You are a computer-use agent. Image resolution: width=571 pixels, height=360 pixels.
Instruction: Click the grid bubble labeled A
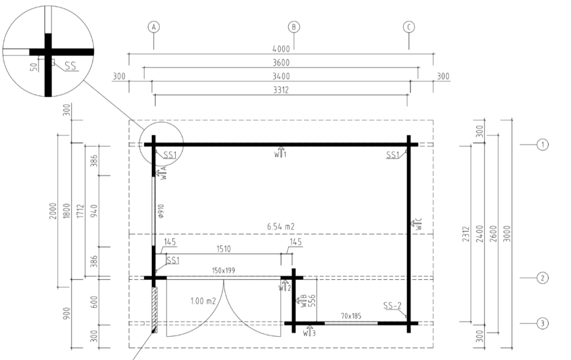[x=154, y=27]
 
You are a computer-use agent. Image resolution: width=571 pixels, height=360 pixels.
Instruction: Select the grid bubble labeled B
[x=294, y=27]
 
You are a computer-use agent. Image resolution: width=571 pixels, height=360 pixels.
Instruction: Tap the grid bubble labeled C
[x=409, y=27]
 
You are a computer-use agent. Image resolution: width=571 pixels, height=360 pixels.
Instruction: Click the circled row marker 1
[x=543, y=144]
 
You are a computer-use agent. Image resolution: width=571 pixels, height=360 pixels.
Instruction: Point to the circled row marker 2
[x=543, y=278]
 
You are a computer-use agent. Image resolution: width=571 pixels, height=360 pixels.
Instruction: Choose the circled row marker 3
[x=543, y=323]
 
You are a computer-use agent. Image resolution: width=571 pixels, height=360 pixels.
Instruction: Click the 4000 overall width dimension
[x=281, y=49]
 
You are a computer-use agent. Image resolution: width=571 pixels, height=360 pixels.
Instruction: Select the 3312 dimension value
[x=281, y=90]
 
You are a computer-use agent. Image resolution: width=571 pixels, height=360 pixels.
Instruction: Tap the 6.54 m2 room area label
[x=281, y=226]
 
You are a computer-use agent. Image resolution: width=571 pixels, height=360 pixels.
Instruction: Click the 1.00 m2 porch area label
[x=203, y=301]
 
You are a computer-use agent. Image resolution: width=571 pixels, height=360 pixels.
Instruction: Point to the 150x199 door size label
[x=224, y=270]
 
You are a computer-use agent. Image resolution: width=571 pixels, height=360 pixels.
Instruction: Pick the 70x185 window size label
[x=351, y=316]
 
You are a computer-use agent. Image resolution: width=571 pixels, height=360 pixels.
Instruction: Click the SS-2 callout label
[x=392, y=306]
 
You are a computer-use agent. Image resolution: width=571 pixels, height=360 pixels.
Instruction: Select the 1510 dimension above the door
[x=224, y=249]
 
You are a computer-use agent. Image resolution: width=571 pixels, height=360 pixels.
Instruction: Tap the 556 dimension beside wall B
[x=312, y=301]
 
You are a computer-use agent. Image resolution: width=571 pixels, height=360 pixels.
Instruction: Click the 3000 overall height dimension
[x=507, y=233]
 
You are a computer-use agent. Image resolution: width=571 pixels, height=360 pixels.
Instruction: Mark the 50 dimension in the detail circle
[x=34, y=67]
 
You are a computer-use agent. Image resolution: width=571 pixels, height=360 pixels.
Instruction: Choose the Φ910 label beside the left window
[x=161, y=211]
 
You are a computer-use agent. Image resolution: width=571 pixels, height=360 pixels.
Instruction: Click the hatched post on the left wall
[x=154, y=310]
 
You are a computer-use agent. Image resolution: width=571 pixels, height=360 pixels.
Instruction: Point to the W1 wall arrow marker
[x=280, y=152]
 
